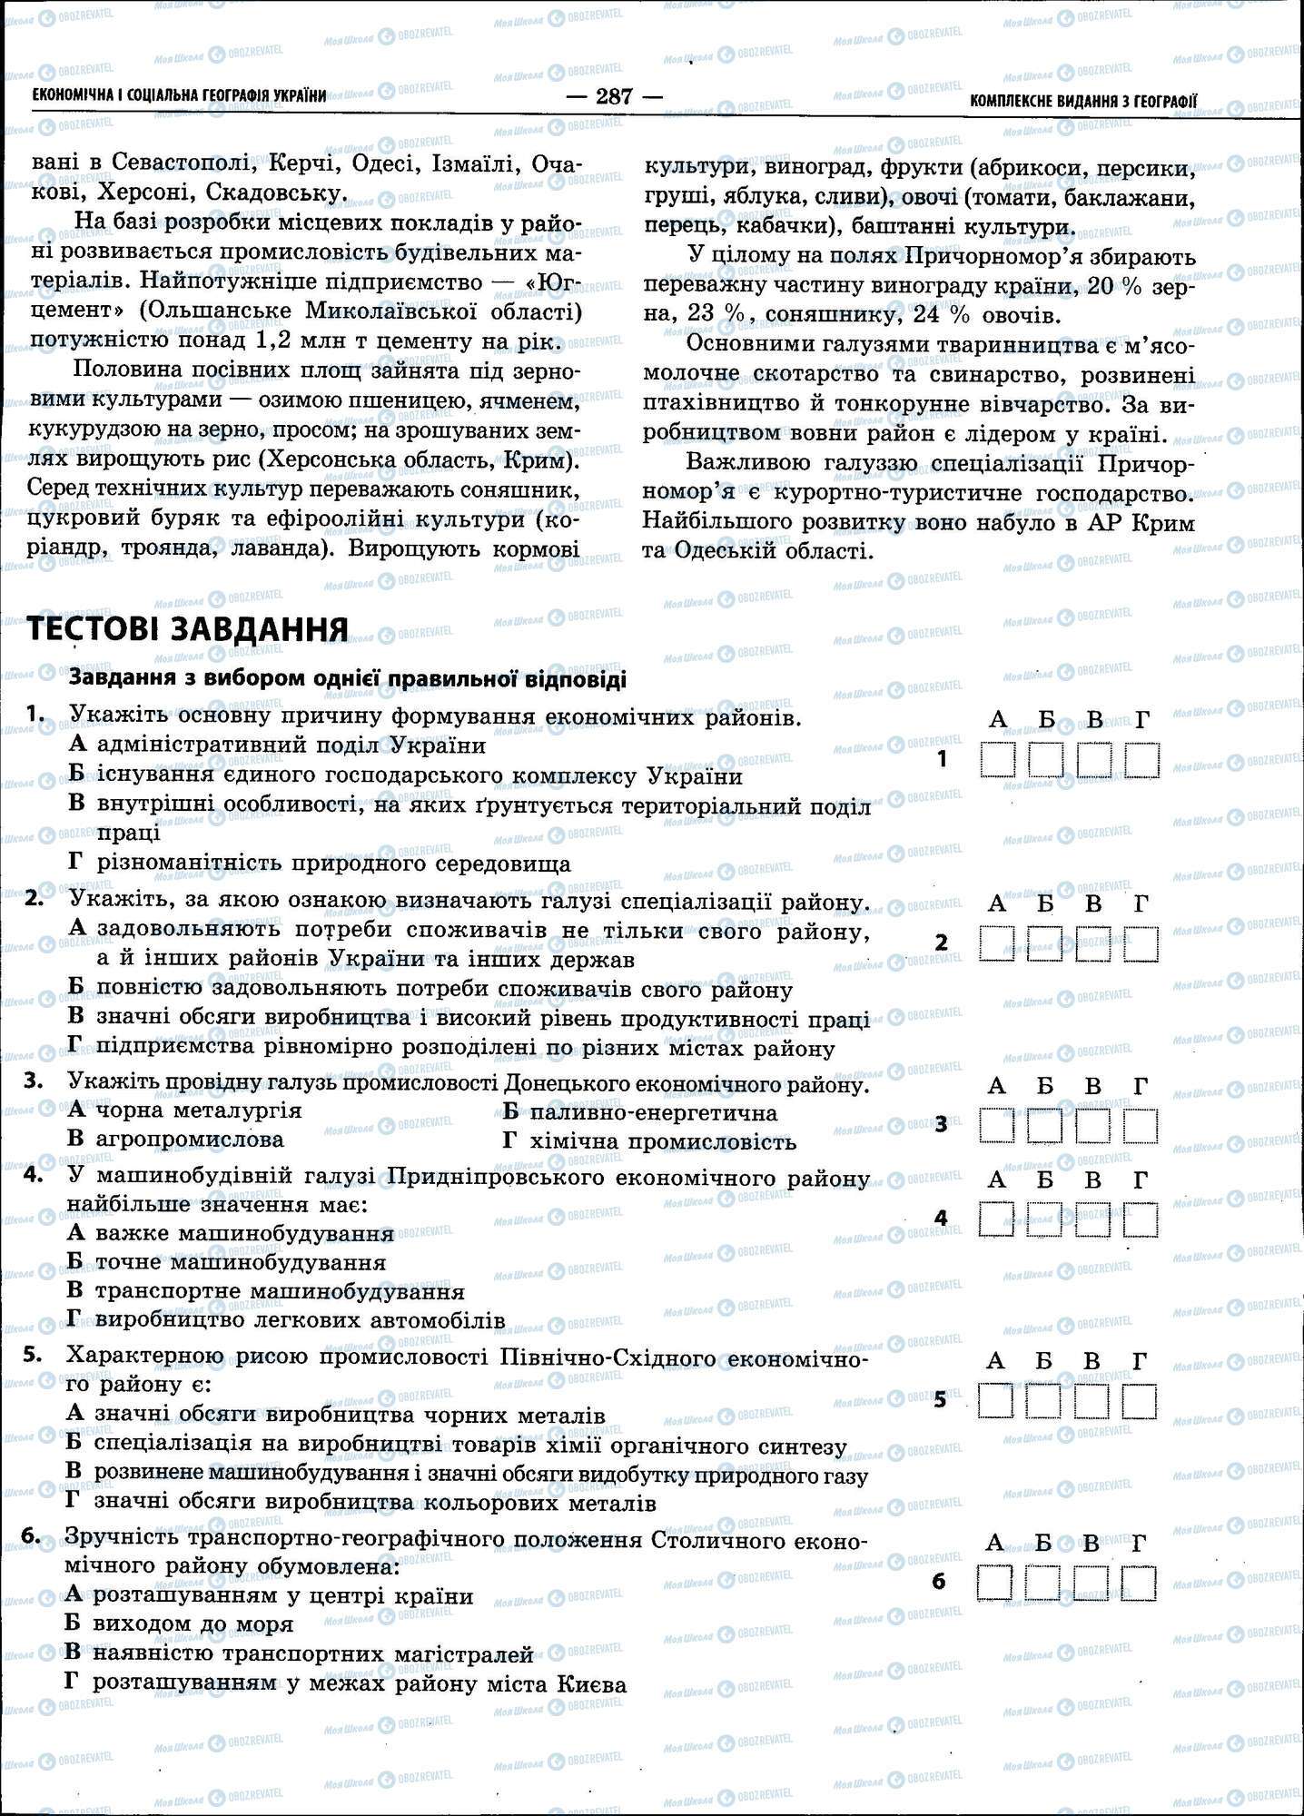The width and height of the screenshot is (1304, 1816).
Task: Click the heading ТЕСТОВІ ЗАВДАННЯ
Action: (188, 628)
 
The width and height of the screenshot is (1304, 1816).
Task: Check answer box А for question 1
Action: (998, 760)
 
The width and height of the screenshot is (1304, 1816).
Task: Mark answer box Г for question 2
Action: (1141, 944)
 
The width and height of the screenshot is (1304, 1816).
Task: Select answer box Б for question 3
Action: (1045, 1126)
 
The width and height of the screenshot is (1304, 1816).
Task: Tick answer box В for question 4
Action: (1093, 1219)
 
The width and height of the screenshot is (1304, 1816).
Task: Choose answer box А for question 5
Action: (996, 1400)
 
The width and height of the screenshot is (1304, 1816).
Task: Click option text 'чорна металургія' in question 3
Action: (198, 1110)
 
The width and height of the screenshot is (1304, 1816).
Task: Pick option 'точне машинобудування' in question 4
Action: (240, 1262)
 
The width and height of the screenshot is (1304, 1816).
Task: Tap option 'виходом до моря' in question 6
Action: (193, 1624)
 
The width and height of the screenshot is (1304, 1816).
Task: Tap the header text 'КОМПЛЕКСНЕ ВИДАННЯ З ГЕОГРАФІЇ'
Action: (1083, 101)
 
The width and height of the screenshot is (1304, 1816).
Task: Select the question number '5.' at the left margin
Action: (34, 1355)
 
